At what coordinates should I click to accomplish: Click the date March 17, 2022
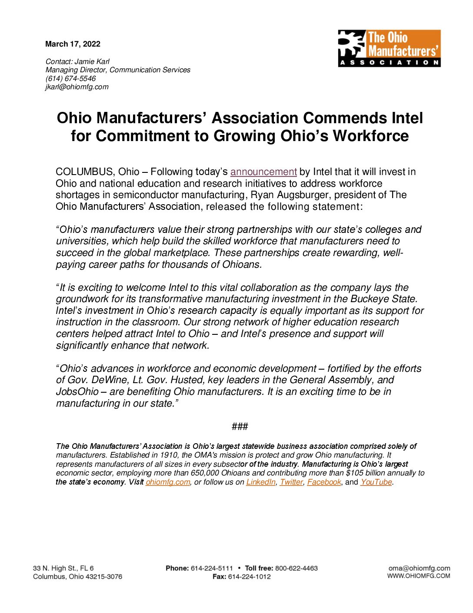[x=73, y=44]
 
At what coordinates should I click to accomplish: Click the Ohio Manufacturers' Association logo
[x=389, y=48]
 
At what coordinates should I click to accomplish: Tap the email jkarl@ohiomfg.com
[x=77, y=87]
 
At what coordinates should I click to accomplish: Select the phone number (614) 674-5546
[x=70, y=78]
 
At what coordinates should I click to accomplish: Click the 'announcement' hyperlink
[x=263, y=172]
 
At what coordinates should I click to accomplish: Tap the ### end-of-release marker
[x=240, y=426]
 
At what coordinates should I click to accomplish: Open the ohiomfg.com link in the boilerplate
[x=168, y=482]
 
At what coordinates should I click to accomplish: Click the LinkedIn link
[x=261, y=482]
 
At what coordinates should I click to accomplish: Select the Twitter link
[x=291, y=482]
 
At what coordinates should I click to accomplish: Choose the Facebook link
[x=324, y=482]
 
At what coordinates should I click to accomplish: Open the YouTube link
[x=376, y=482]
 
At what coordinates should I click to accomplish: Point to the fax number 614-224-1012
[x=249, y=576]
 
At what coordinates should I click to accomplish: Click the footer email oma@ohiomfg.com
[x=419, y=568]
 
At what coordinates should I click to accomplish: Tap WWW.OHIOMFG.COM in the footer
[x=419, y=576]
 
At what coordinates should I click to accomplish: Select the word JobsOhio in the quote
[x=77, y=392]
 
